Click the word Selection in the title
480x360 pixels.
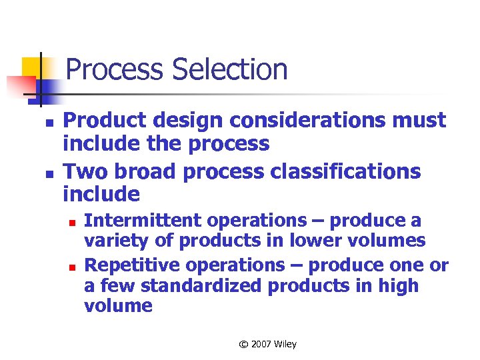tap(231, 70)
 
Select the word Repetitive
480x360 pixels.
tap(133, 265)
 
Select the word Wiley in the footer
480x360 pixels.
tap(285, 345)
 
